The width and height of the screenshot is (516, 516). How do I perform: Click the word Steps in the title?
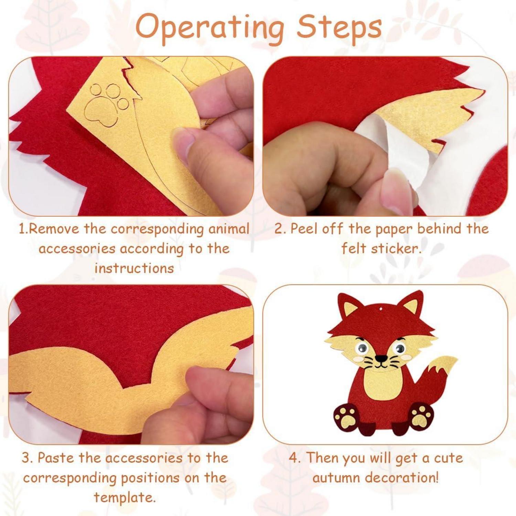coord(339,28)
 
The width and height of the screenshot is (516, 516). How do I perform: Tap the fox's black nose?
coord(381,358)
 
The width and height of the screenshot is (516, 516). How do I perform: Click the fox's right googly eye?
coord(400,349)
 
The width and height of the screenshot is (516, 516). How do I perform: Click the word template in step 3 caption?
coord(125,497)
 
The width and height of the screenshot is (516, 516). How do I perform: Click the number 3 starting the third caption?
coord(26,458)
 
